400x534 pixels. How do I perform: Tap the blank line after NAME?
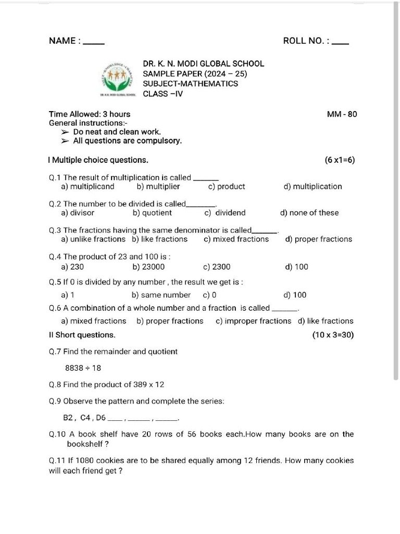(94, 43)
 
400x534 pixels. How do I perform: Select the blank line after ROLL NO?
(341, 43)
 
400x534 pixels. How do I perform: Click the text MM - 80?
(342, 114)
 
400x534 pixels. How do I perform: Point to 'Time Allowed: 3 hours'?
(90, 114)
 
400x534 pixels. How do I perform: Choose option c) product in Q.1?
(227, 187)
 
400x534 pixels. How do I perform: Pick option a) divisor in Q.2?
(78, 213)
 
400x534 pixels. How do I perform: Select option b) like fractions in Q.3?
(159, 239)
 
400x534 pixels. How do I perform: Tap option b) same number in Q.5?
(161, 295)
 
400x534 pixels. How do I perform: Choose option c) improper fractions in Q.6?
(253, 321)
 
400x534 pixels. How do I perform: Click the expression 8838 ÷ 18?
(83, 368)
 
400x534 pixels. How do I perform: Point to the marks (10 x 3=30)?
(333, 335)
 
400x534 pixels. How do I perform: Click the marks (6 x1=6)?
(340, 160)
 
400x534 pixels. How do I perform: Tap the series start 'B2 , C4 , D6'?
(84, 418)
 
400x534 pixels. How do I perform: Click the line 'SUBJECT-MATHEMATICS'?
(190, 84)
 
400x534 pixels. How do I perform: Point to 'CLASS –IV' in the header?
(162, 94)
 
